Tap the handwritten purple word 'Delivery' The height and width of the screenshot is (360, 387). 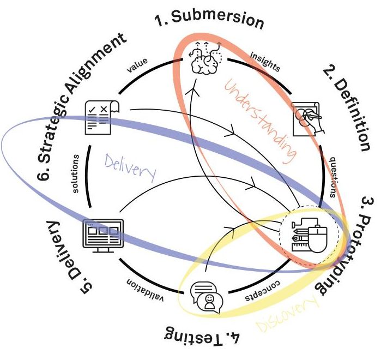click(130, 167)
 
